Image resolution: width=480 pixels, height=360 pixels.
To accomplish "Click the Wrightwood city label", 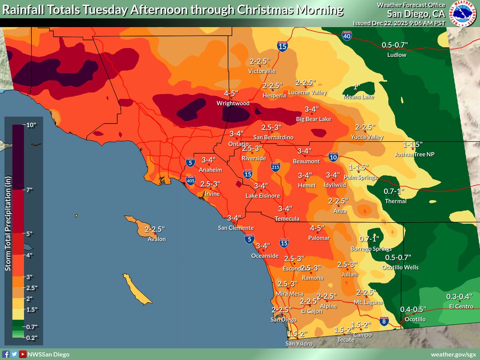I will (x=233, y=103).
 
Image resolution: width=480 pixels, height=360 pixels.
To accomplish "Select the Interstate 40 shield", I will (x=347, y=36).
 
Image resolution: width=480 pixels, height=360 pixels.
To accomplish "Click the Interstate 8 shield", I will (x=384, y=321).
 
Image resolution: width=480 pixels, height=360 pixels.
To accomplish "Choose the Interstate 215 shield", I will (x=275, y=167).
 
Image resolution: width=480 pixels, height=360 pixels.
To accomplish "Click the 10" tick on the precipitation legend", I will (x=32, y=125).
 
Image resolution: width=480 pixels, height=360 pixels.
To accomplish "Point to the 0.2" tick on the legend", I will (x=32, y=338).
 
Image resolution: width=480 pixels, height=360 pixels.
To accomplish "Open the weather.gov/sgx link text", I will (x=453, y=354).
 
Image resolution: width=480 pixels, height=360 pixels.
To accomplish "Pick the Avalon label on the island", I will (x=156, y=239).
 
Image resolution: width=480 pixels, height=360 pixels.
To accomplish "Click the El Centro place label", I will (x=460, y=306).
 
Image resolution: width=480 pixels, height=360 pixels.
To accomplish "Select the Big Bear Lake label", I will (x=313, y=119).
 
